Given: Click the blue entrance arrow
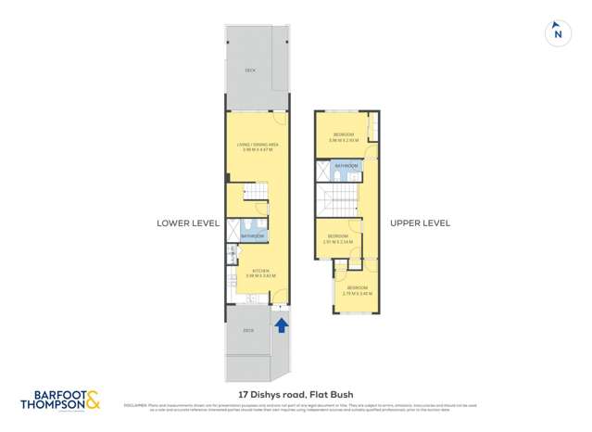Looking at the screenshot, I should click(281, 324).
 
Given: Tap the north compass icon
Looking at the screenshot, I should click(557, 32).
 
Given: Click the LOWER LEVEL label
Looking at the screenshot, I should click(187, 223).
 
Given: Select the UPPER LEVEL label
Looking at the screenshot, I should click(420, 223).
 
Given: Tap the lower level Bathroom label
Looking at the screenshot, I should click(253, 237).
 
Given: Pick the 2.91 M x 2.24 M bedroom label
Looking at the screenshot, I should click(338, 237).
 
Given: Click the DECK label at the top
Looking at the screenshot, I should click(250, 70).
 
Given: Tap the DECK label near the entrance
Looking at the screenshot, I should click(248, 330).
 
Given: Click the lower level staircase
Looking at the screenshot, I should click(255, 194).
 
